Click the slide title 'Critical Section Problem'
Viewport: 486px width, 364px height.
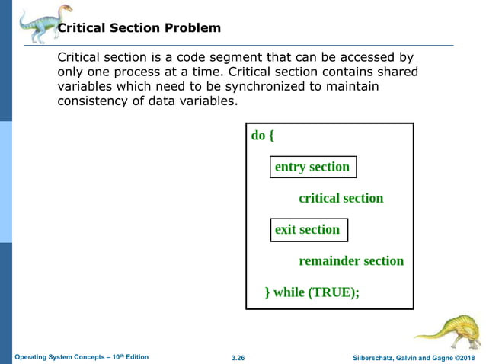[x=139, y=28]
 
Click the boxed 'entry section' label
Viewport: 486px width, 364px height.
[x=312, y=167]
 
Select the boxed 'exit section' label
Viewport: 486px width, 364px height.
[x=307, y=229]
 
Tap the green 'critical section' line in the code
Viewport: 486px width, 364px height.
[x=341, y=198]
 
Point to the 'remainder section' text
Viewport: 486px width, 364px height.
[x=351, y=260]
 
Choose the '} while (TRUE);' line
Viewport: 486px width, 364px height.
[x=312, y=292]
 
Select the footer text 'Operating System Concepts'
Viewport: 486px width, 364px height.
[x=64, y=357]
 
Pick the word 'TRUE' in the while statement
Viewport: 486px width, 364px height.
[x=331, y=292]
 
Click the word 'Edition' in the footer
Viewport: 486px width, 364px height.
[x=137, y=357]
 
